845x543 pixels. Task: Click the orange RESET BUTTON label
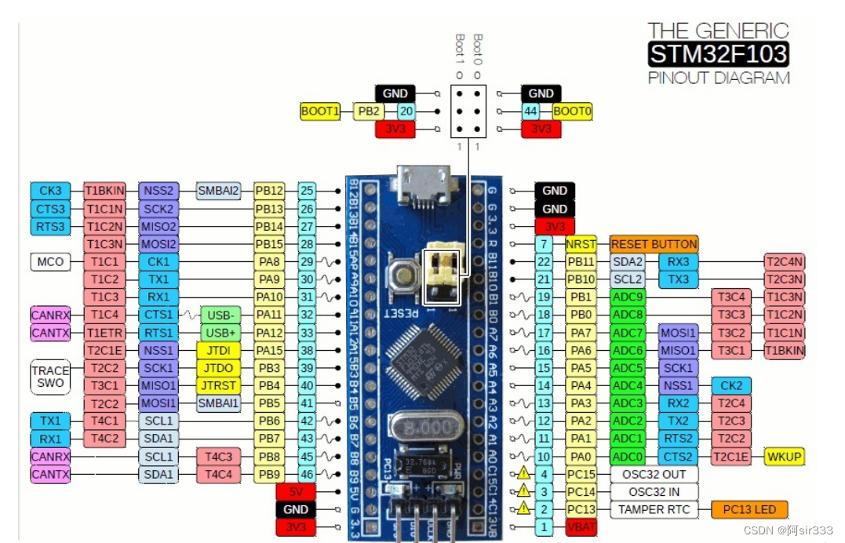click(x=654, y=244)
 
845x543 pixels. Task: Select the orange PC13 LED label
click(x=748, y=509)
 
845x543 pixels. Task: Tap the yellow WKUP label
click(x=785, y=457)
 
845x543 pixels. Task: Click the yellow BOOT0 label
click(x=572, y=111)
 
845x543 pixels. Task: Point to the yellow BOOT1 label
click(x=320, y=111)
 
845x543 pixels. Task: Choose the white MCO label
click(x=50, y=261)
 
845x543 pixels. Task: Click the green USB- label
click(x=220, y=315)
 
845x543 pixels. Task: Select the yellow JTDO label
click(x=217, y=368)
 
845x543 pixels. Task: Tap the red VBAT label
click(x=581, y=527)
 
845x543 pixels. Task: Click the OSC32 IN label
click(x=654, y=492)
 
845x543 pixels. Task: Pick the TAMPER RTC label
click(x=654, y=509)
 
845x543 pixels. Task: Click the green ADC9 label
click(x=628, y=297)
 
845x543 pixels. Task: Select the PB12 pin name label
click(x=269, y=191)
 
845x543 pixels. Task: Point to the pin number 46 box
click(x=308, y=474)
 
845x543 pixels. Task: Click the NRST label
click(x=581, y=244)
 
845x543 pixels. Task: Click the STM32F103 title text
click(x=718, y=54)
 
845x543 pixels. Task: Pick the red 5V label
click(x=296, y=492)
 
